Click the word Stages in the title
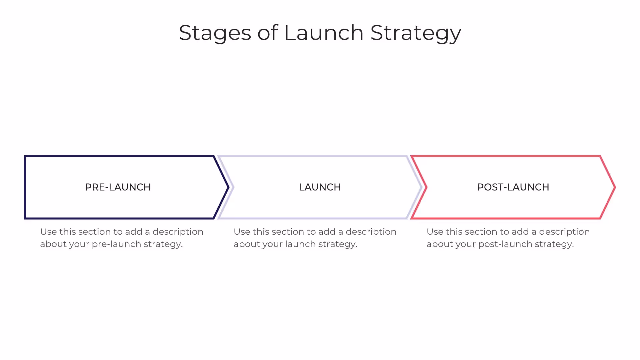coord(215,33)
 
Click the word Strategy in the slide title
coord(416,33)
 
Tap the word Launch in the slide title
coord(323,33)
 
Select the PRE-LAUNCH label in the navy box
coord(118,187)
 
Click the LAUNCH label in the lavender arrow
coord(320,187)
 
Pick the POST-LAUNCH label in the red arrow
coord(513,187)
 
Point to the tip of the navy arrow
coord(228,187)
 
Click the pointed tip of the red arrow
coord(615,187)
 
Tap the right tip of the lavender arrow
coord(421,187)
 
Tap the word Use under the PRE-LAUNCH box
coord(48,232)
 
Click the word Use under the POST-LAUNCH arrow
coord(435,232)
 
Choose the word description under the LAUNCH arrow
coord(371,232)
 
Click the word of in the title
coord(267,33)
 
